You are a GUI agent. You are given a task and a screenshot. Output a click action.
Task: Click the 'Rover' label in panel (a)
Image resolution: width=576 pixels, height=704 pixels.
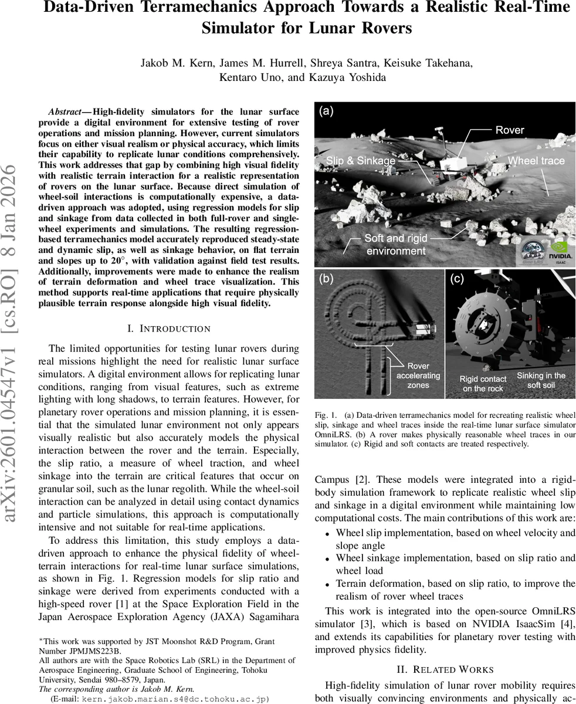509,130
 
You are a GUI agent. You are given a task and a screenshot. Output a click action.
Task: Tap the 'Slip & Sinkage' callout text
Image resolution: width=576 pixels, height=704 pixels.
360,160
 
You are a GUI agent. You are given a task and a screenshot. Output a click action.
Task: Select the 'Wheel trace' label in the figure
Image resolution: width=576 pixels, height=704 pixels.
536,160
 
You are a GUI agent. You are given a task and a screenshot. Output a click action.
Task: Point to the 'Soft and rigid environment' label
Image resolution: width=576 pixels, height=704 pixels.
395,245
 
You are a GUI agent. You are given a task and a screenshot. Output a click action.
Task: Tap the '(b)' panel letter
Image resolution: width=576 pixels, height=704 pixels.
326,279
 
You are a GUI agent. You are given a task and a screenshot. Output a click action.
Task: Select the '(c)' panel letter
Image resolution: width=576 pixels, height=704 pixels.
457,279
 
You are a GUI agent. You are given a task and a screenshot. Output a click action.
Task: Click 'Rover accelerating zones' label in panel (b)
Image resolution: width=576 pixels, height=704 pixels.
418,375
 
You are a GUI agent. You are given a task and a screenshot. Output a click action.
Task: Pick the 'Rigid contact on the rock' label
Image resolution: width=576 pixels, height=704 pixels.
482,384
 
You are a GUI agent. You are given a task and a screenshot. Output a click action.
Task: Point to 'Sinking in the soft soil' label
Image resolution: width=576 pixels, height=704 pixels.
540,380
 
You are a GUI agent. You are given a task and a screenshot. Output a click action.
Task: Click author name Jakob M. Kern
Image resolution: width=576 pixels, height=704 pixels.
171,63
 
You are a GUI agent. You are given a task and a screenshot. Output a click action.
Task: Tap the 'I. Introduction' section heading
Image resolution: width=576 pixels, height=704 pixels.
168,329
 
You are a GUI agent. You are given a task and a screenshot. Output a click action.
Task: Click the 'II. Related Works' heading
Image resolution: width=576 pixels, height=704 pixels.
445,669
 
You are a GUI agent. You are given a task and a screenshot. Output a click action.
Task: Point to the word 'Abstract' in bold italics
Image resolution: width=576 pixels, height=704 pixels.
65,111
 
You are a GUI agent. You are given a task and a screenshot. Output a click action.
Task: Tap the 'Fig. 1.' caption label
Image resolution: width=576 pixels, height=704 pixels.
324,414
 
